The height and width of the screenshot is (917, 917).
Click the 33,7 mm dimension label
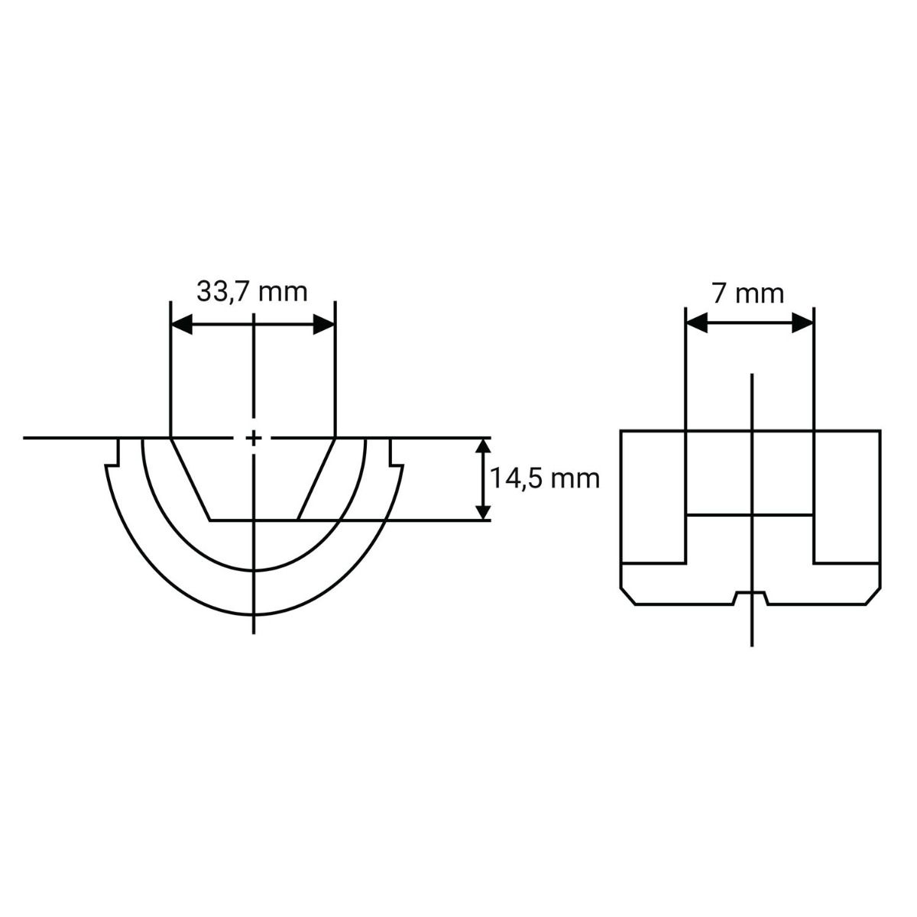251,292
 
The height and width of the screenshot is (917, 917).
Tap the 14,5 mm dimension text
545,478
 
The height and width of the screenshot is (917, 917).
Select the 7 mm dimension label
747,293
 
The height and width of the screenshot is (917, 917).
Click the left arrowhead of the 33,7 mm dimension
182,325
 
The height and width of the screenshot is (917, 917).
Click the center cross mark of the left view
254,437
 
